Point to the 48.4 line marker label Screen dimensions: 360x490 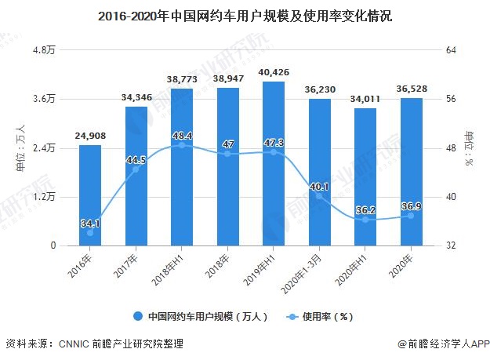182,135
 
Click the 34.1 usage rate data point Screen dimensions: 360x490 90,233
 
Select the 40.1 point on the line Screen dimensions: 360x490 319,196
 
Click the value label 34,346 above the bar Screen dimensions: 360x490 136,97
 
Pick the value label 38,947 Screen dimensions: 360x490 227,79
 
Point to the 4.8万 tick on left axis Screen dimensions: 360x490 43,50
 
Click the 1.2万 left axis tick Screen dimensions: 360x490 43,197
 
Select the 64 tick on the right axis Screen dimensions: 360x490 451,50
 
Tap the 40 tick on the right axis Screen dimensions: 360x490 451,197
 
